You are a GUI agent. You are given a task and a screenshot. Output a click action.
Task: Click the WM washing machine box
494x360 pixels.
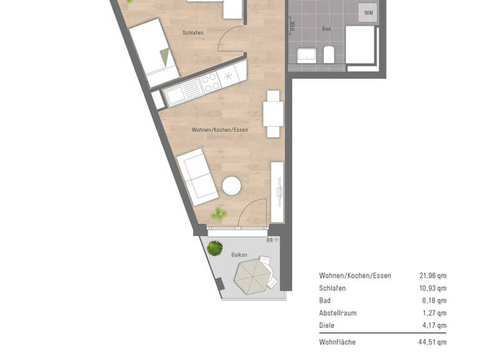coord(368,13)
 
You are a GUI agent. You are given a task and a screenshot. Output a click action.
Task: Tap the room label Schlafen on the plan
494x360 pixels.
coord(193,33)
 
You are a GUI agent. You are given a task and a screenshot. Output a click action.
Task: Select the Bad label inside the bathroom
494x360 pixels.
coord(326,29)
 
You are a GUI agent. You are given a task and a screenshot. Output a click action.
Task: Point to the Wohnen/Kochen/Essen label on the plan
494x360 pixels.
coord(219,130)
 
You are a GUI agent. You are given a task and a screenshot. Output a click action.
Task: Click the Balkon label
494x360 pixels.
coord(239,255)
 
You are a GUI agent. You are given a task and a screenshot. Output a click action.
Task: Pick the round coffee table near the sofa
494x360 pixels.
coord(232,186)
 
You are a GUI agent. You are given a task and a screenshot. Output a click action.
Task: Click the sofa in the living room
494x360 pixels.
coord(197,177)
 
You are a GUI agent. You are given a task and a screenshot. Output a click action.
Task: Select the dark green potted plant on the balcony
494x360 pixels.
coord(215,248)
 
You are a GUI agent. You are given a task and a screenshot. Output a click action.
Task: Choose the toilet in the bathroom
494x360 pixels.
coord(329,55)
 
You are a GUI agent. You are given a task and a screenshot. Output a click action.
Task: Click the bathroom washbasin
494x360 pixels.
coord(306,55)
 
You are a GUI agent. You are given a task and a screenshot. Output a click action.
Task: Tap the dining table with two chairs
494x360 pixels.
coord(273,114)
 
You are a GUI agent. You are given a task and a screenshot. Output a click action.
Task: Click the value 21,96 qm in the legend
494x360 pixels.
coord(432,276)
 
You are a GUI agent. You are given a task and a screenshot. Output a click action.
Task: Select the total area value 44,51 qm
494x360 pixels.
coord(432,342)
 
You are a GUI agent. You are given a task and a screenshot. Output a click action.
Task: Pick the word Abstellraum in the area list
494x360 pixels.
coord(337,313)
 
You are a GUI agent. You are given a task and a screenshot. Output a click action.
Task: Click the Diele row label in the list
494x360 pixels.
coord(327,325)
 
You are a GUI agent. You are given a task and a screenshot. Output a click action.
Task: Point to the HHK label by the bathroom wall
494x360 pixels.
coord(293,26)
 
